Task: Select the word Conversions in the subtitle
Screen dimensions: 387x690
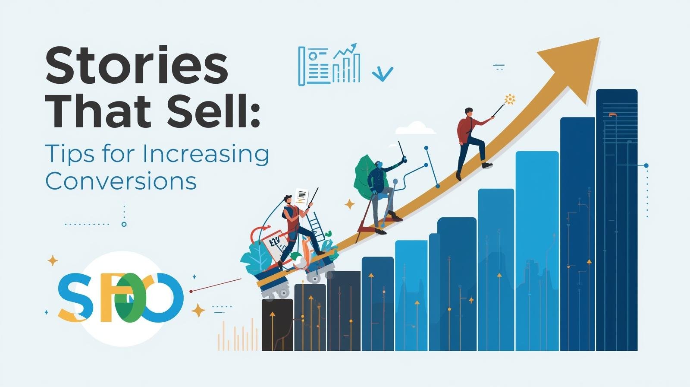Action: (121, 181)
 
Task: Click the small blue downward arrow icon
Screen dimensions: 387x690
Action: (382, 73)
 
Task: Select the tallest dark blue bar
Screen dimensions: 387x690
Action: (616, 216)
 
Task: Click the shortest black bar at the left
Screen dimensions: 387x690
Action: (277, 324)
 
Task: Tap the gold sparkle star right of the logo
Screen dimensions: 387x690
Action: (198, 310)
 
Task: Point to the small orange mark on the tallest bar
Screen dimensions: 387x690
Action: (612, 114)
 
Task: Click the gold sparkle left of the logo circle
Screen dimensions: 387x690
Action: (53, 260)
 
